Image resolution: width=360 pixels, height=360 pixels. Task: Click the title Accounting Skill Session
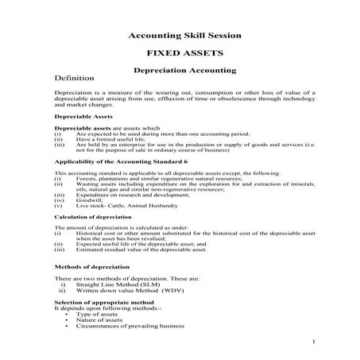pos(179,37)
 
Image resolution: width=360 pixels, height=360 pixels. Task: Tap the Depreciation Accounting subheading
pos(179,70)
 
